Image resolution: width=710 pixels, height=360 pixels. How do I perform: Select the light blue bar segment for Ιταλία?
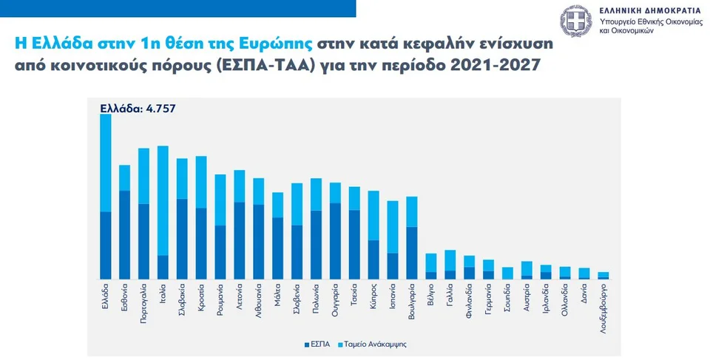pos(163,200)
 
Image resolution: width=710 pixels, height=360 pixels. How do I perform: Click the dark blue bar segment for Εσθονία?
pos(124,234)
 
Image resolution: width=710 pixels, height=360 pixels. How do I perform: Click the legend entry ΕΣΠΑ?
pos(317,344)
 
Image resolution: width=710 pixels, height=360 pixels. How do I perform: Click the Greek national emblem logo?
pos(576,20)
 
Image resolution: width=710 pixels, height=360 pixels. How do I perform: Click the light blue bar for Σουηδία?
pos(507,273)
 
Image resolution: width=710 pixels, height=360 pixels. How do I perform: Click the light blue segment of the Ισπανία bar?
pos(393,226)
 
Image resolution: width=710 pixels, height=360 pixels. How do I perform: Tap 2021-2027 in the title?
pos(496,65)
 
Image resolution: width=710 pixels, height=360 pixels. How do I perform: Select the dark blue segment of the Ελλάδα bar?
pos(105,245)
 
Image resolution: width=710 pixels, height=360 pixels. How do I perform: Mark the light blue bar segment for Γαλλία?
pos(450,260)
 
